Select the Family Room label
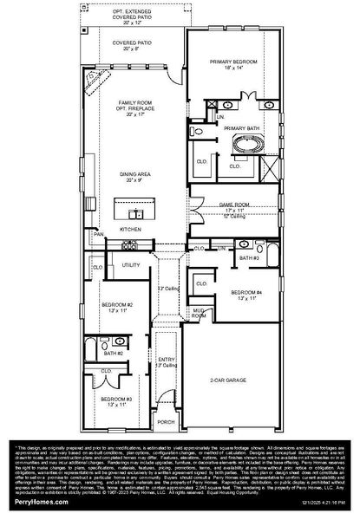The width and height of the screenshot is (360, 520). point(134,102)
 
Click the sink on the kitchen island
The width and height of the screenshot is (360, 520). point(134,213)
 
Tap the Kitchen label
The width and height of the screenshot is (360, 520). point(130,229)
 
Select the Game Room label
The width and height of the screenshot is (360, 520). point(235,205)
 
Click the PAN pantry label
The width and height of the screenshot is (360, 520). point(100,234)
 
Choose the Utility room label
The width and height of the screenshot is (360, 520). point(131,265)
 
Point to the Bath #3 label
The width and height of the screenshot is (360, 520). point(250,258)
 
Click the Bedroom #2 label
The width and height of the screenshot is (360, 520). point(116,305)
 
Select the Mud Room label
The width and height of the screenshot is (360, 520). point(200,314)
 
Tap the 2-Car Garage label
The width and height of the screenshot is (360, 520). point(232,380)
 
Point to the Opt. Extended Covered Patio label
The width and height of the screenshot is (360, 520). point(134,10)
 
